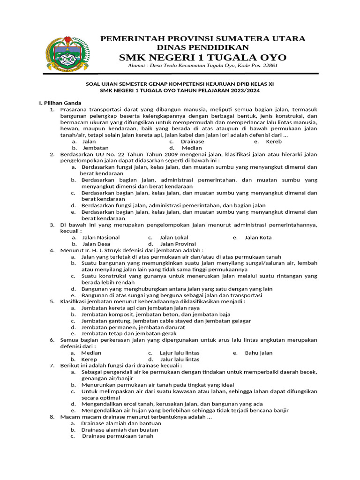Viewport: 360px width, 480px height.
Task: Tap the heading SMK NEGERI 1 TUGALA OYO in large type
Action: [x=202, y=57]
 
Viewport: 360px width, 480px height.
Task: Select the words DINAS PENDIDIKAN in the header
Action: [x=202, y=47]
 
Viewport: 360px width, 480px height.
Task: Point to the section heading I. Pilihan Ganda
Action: [x=60, y=103]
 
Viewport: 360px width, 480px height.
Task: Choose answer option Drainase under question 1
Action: [x=192, y=141]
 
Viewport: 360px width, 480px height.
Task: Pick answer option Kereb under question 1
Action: [x=274, y=141]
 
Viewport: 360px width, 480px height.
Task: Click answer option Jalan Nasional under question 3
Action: [x=101, y=238]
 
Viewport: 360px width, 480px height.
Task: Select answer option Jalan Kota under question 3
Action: [x=258, y=238]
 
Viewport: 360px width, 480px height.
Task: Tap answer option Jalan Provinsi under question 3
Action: [x=178, y=244]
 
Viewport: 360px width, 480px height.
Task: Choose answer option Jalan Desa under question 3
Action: [x=96, y=244]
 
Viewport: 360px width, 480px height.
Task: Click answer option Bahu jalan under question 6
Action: [x=258, y=353]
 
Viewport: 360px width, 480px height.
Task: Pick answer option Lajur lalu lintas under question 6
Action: [x=180, y=353]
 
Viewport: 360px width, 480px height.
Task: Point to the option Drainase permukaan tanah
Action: [x=118, y=436]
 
